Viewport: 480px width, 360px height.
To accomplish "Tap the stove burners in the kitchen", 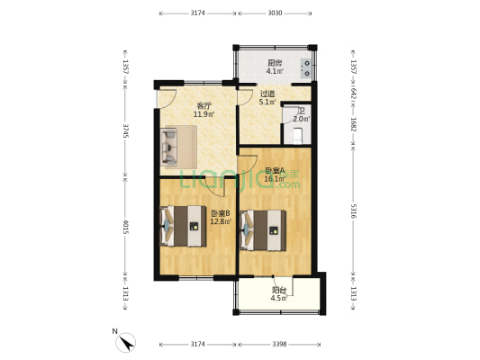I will point(307,67).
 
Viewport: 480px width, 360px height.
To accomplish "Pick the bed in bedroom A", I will point(262,229).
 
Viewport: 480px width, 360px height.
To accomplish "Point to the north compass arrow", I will point(128,341).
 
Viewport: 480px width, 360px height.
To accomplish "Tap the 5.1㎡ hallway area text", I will point(267,102).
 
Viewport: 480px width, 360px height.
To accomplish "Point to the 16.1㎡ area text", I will point(275,179).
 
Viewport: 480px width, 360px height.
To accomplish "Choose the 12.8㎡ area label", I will point(220,220).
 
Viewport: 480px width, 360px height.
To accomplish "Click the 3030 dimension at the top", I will point(276,13).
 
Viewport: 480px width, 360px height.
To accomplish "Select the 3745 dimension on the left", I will point(125,132).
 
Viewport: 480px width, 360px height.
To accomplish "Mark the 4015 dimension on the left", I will point(125,228).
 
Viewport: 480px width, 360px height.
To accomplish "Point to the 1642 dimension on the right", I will point(354,92).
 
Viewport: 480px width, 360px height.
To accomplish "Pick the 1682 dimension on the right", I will point(354,125).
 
